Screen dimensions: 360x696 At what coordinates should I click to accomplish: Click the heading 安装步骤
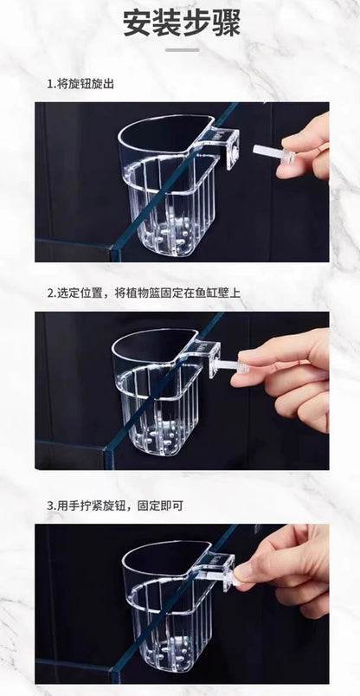click(x=182, y=23)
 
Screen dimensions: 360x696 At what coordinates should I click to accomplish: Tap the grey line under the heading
click(x=182, y=49)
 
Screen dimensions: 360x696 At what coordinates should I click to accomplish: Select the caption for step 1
click(x=80, y=84)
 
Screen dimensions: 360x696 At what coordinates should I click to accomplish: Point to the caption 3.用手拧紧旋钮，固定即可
click(x=115, y=506)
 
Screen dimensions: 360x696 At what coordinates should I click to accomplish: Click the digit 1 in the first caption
click(x=49, y=84)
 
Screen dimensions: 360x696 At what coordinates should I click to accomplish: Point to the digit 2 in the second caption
click(x=49, y=293)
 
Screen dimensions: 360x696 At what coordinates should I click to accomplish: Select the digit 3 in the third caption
click(x=49, y=506)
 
